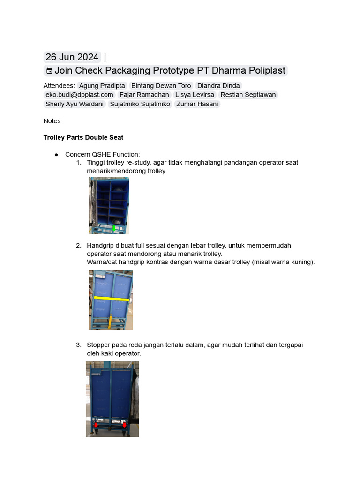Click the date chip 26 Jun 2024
tap(72, 57)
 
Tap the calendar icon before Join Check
tap(49, 71)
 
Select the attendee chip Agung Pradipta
tap(102, 86)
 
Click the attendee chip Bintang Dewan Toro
tap(161, 86)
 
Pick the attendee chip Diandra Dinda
tap(218, 86)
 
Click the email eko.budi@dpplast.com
tap(79, 95)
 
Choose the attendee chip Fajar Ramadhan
tap(144, 95)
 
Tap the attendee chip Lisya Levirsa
tap(195, 95)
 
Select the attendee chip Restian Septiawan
tap(248, 95)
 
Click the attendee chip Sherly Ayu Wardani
tap(75, 104)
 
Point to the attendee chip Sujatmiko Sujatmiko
tap(140, 104)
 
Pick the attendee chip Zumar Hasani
tap(197, 104)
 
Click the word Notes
tap(52, 121)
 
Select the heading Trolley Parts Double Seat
tap(83, 137)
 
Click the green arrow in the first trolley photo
tap(114, 228)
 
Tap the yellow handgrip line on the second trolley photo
tap(112, 299)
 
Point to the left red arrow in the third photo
tap(96, 425)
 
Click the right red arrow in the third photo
tap(124, 425)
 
